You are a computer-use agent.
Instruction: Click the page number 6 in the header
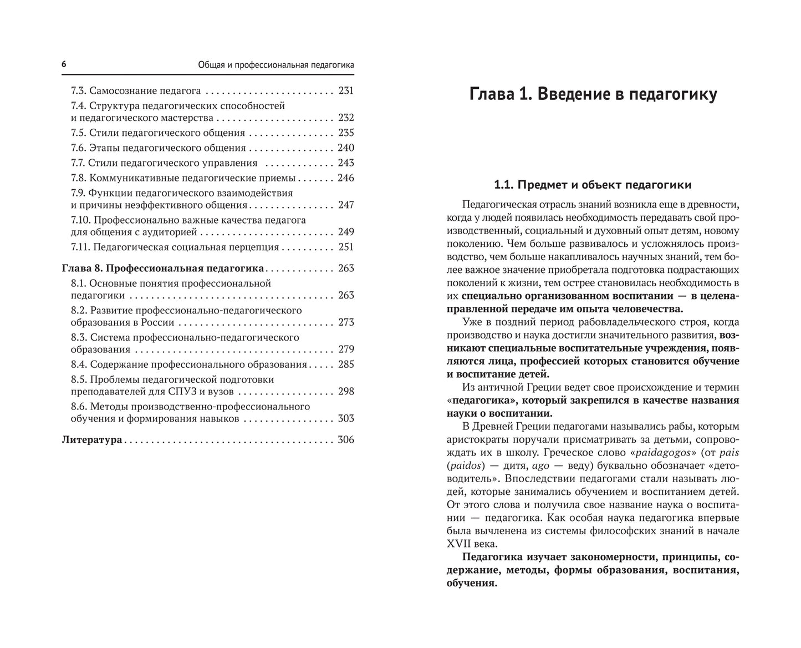click(64, 65)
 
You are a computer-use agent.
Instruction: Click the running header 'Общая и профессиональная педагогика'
click(276, 65)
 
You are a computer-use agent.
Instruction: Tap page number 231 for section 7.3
click(345, 90)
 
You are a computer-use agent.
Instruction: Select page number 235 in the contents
click(345, 133)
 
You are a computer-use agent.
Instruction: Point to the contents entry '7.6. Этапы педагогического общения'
click(158, 148)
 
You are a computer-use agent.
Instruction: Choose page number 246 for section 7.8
click(345, 178)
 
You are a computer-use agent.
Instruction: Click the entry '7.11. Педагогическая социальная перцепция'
click(175, 247)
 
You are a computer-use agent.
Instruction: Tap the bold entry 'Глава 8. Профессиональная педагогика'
click(162, 269)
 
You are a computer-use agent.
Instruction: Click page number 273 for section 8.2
click(345, 322)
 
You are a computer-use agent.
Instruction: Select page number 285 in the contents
click(345, 364)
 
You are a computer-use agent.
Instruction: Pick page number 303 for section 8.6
click(345, 419)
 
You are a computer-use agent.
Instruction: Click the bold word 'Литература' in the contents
click(91, 440)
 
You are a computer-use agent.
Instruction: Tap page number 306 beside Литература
click(345, 440)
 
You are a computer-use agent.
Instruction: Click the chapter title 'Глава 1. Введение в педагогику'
click(593, 94)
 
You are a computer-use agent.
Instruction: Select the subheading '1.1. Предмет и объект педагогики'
click(593, 185)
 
